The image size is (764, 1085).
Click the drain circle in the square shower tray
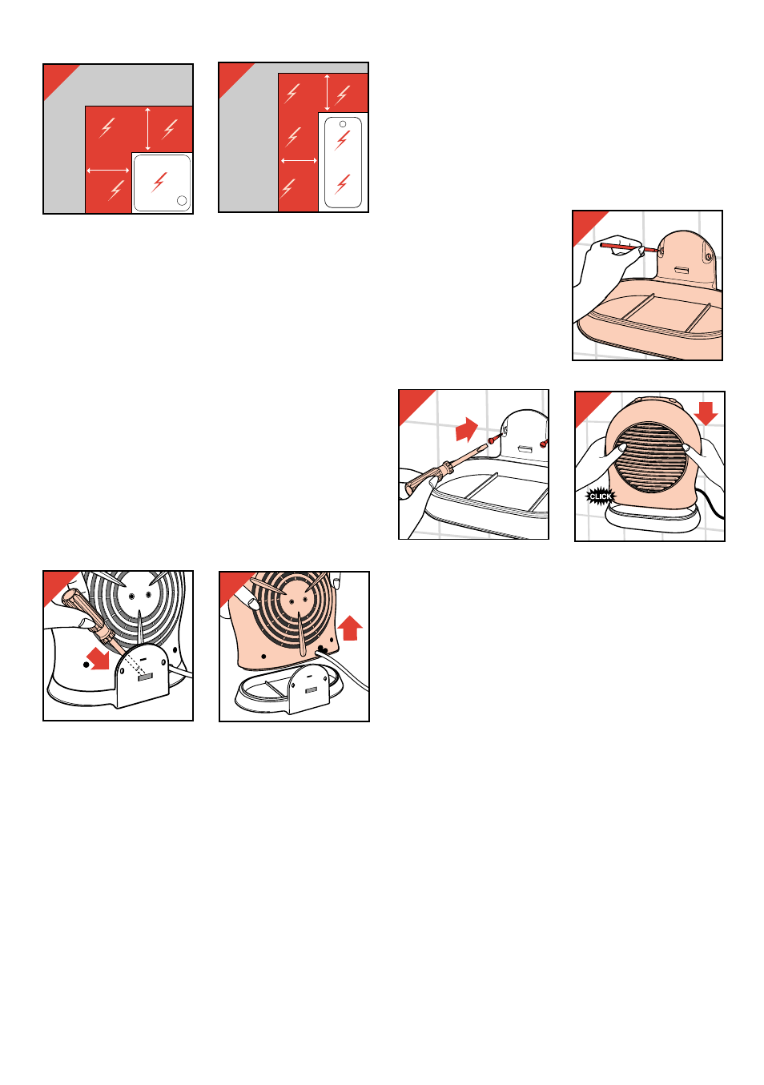click(x=182, y=200)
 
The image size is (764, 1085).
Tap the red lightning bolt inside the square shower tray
click(x=159, y=182)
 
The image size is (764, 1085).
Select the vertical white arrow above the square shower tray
click(x=148, y=129)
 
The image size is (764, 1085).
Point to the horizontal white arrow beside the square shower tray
click(x=107, y=171)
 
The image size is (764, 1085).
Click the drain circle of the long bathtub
click(x=343, y=124)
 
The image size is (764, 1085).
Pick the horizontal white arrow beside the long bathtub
click(x=299, y=160)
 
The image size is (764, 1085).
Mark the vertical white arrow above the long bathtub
click(x=328, y=93)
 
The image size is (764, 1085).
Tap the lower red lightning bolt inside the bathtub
click(x=342, y=184)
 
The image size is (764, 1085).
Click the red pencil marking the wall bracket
click(x=629, y=247)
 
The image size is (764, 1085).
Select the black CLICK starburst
click(x=601, y=496)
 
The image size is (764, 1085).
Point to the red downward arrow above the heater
click(x=706, y=414)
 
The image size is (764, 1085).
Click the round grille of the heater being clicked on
click(x=649, y=456)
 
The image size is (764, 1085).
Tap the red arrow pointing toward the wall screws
click(x=467, y=430)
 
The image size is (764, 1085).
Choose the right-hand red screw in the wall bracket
click(x=544, y=442)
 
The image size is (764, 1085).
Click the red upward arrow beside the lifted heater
click(x=350, y=628)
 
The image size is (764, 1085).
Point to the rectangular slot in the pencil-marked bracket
click(x=681, y=269)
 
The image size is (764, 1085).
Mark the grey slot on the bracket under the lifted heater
click(x=312, y=689)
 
